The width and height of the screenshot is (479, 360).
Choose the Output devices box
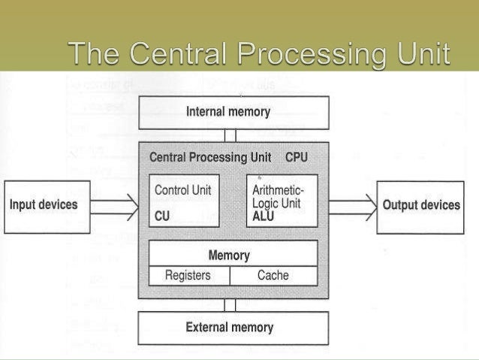point(421,205)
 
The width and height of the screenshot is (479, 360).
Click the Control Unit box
point(185,201)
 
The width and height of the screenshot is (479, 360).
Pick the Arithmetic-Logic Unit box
point(282,201)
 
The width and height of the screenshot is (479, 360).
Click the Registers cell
point(188,276)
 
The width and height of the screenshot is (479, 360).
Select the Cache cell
point(273,276)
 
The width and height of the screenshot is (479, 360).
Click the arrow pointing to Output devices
point(352,204)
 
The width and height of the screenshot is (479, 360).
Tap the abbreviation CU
point(162,217)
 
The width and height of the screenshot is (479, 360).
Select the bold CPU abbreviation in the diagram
point(296,159)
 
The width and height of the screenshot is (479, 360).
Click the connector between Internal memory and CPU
point(230,135)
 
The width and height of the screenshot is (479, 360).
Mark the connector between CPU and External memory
point(230,305)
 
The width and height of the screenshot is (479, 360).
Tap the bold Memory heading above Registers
point(229,256)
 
